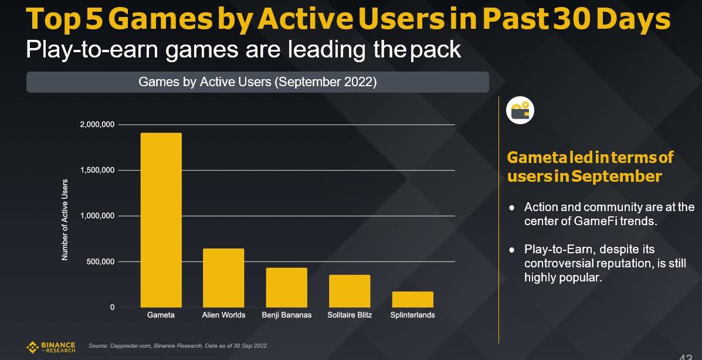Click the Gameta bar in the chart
(161, 220)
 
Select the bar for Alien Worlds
(223, 278)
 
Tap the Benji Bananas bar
(286, 287)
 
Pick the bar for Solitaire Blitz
(349, 291)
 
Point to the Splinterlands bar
(412, 299)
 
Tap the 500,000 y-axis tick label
(100, 261)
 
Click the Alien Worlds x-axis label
(223, 315)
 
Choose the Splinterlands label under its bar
(412, 315)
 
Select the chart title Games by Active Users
(257, 82)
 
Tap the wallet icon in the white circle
(520, 110)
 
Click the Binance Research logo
(51, 347)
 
